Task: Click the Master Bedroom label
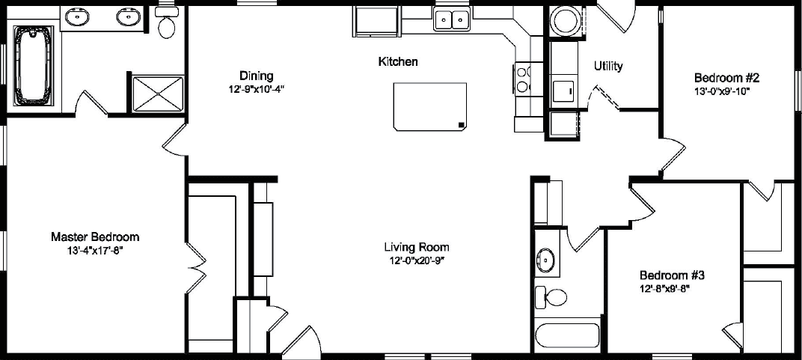point(94,237)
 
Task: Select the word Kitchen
point(397,62)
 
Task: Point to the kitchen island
point(430,106)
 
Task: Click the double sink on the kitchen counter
point(452,19)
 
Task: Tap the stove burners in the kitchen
point(522,78)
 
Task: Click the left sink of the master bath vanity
point(76,16)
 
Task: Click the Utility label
point(608,67)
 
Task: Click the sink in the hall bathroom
point(545,260)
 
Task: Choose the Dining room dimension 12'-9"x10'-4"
point(257,89)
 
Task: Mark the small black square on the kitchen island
point(462,125)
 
